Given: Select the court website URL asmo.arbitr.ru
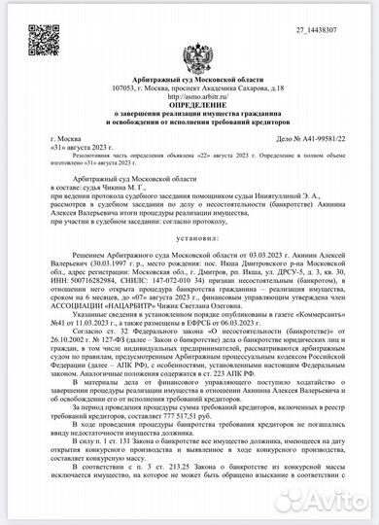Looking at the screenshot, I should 189,98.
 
